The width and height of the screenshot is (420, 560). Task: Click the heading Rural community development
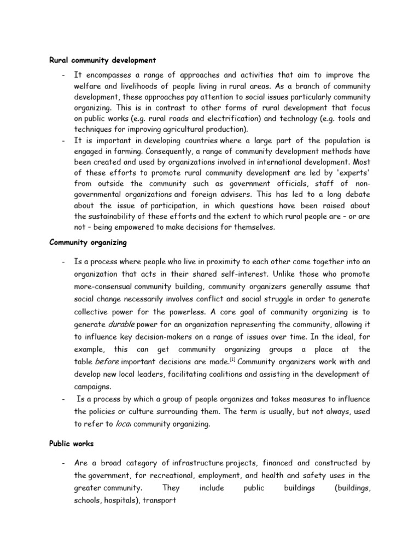point(102,60)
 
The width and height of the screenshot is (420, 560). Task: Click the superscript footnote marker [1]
point(232,359)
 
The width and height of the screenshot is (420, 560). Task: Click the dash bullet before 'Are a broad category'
point(64,463)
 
